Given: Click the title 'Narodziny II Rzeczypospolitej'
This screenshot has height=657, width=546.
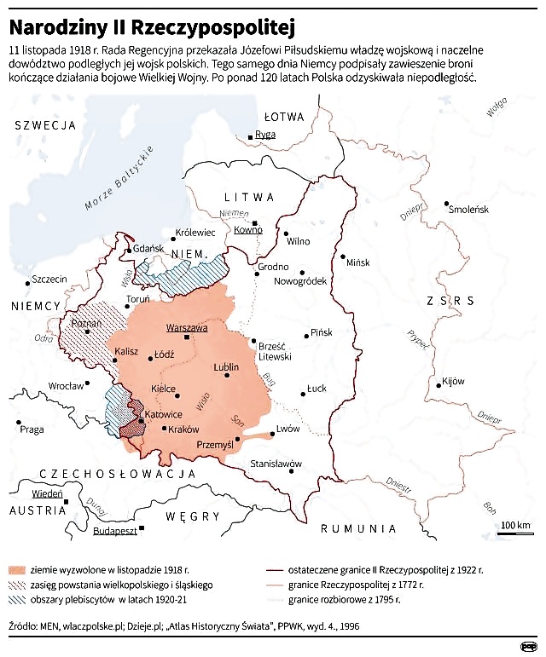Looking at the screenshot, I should click(x=152, y=26).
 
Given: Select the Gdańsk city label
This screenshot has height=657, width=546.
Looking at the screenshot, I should click(x=148, y=248).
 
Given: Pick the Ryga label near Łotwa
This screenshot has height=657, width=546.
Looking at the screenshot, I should click(x=265, y=135).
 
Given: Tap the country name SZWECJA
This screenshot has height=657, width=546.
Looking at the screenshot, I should click(x=41, y=125).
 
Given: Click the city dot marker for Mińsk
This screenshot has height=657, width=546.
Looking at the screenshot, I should click(x=343, y=256).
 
